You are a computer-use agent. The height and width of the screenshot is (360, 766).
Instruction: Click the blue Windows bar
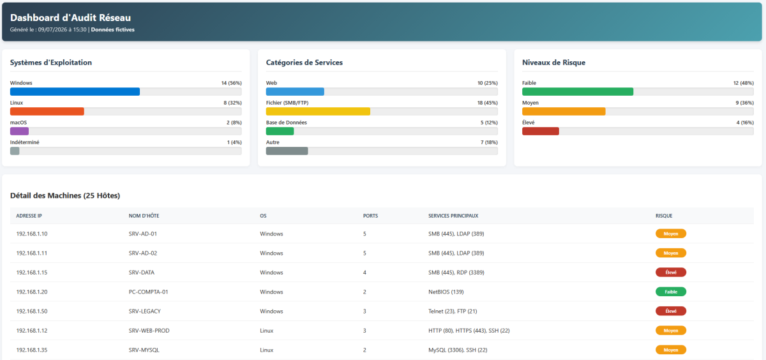click(75, 92)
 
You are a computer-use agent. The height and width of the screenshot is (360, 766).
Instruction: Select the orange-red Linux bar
click(47, 112)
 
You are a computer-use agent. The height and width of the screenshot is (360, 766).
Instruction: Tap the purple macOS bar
click(20, 131)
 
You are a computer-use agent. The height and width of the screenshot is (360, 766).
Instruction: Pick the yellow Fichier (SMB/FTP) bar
click(318, 112)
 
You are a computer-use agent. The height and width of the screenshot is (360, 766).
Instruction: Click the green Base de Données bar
click(280, 131)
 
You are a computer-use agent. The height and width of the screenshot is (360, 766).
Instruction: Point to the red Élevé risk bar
click(541, 131)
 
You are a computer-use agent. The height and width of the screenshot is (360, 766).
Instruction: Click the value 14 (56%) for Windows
click(232, 83)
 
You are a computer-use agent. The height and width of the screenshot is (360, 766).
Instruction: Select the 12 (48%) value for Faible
click(744, 83)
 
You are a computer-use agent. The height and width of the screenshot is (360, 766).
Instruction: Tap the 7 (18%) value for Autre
click(489, 142)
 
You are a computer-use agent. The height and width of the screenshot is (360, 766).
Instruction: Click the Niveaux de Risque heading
click(553, 63)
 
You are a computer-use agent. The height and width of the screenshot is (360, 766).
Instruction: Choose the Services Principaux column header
click(453, 216)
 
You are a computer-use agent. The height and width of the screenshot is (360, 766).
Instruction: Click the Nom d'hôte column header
click(144, 216)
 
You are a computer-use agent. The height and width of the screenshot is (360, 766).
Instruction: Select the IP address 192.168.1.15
click(32, 273)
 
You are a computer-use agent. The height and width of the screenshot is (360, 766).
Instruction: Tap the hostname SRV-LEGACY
click(145, 311)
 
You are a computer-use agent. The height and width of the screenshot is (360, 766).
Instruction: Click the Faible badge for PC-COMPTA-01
click(671, 292)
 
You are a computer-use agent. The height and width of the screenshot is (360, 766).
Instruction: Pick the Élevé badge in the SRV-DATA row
click(671, 273)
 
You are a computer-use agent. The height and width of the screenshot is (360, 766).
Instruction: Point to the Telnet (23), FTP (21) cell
click(453, 311)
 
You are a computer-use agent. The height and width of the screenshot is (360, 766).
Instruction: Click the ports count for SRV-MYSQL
click(364, 350)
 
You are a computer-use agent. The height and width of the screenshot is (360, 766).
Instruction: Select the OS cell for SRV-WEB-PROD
click(266, 331)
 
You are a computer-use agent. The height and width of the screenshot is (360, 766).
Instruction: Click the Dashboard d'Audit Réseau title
click(70, 18)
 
